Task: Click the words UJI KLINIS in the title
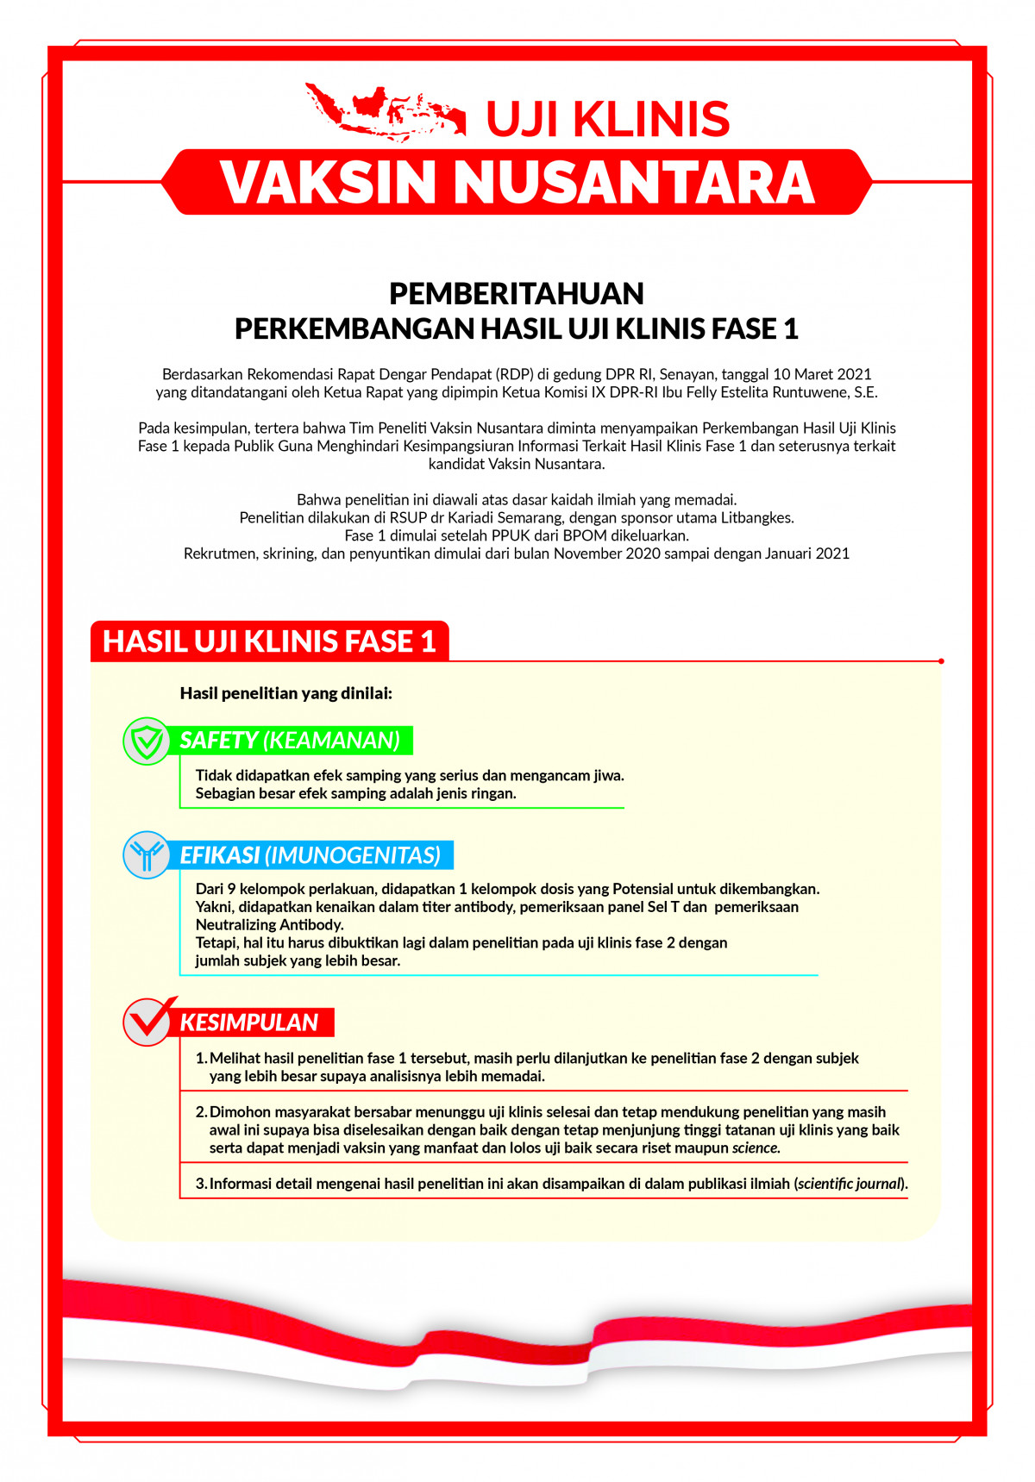click(x=608, y=119)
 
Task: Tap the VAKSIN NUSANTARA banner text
click(x=517, y=182)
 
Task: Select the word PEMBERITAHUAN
click(x=516, y=294)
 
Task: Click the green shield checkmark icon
click(x=147, y=741)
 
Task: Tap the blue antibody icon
click(x=147, y=855)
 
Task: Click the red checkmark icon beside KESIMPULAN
click(x=148, y=1022)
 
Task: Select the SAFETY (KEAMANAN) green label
click(x=290, y=741)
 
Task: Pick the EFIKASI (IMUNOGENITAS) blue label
click(x=310, y=855)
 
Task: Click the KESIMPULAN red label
click(x=249, y=1022)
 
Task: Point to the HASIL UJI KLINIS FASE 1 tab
click(x=269, y=641)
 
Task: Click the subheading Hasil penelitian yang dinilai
click(x=285, y=693)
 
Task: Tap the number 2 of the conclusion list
click(x=200, y=1112)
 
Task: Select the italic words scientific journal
click(x=850, y=1184)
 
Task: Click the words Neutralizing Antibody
click(x=270, y=925)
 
